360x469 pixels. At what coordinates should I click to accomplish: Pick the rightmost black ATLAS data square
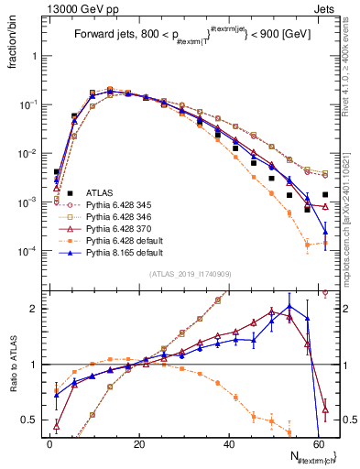pos(325,194)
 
